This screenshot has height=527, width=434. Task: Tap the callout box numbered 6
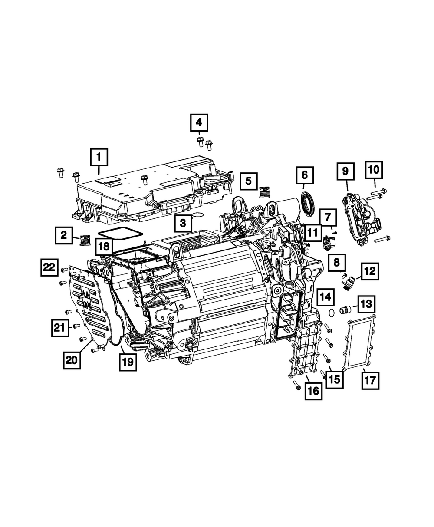click(304, 175)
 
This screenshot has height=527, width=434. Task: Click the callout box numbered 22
click(49, 267)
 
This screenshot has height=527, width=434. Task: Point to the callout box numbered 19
click(128, 361)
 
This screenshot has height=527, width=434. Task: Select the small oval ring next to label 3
click(198, 215)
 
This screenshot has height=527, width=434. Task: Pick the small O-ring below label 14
click(331, 312)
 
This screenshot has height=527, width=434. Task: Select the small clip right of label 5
click(264, 191)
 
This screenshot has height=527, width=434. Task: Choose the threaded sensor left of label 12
click(347, 283)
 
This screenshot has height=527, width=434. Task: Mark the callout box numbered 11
click(312, 233)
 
